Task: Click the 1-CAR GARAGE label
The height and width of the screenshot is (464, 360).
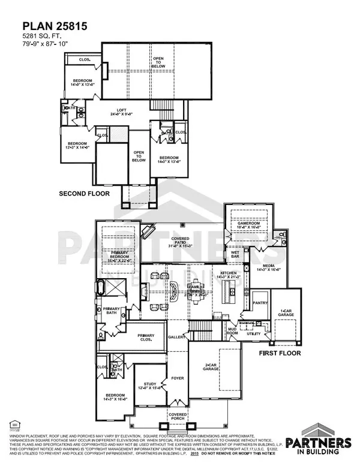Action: [284, 312]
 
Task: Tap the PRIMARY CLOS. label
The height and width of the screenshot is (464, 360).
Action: [146, 337]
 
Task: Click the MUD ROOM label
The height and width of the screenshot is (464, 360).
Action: [231, 330]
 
